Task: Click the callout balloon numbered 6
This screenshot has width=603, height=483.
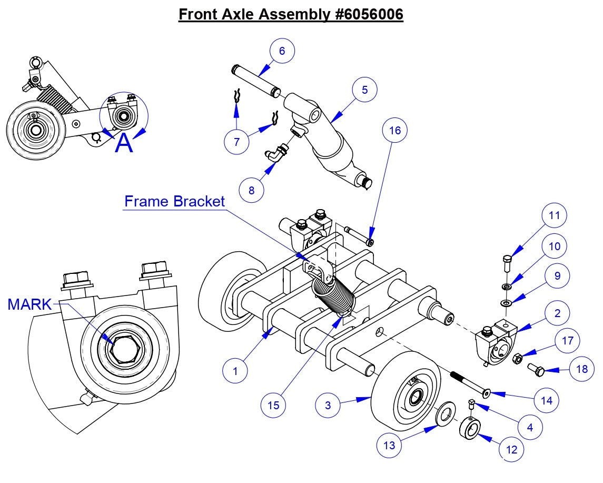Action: [282, 51]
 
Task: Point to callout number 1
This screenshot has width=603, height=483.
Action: [235, 371]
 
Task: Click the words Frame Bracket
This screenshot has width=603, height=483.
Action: [174, 201]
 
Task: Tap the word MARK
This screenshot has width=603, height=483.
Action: [29, 304]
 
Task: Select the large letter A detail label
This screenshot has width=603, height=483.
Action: [124, 143]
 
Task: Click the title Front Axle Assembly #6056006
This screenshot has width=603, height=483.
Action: [291, 14]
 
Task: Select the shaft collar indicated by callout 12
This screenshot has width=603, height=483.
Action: [470, 428]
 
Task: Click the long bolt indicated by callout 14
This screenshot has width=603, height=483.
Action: [470, 383]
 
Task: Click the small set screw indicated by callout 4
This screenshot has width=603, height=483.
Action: [472, 405]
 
